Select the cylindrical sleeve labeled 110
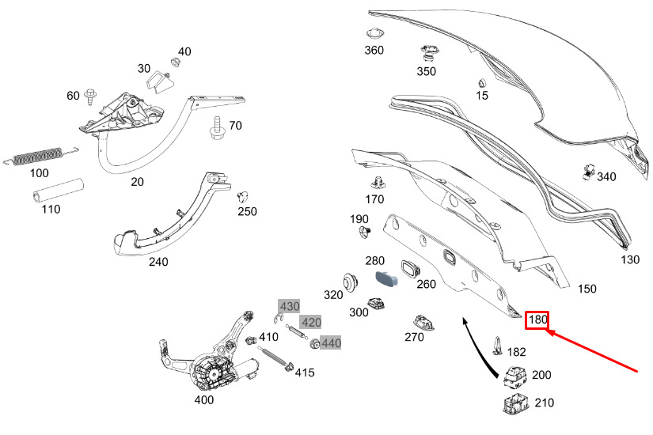[x=59, y=191]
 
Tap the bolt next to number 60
[x=90, y=97]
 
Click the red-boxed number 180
[x=537, y=320]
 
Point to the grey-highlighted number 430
[x=290, y=306]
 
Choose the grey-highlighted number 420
[x=311, y=322]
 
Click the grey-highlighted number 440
[x=331, y=343]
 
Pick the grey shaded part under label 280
[x=386, y=278]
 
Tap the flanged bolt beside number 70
[x=217, y=128]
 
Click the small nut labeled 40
[x=176, y=62]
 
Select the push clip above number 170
[x=378, y=183]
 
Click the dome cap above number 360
[x=375, y=33]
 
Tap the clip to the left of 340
[x=588, y=172]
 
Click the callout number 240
[x=158, y=262]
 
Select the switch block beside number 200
[x=514, y=376]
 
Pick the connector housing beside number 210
[x=515, y=403]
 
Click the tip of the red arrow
[x=547, y=331]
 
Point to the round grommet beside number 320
[x=351, y=283]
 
